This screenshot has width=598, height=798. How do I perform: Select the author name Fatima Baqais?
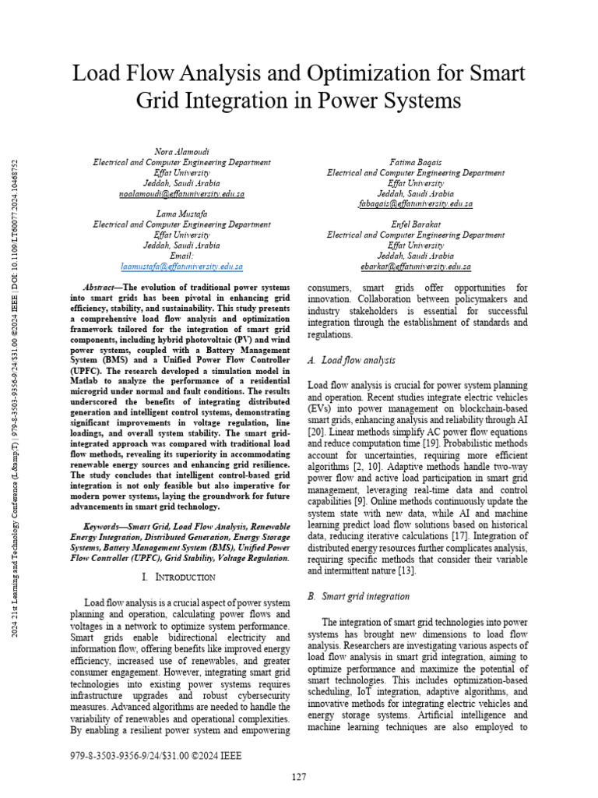415,162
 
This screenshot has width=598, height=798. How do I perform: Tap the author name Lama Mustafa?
181,214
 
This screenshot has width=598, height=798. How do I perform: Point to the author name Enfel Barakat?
415,224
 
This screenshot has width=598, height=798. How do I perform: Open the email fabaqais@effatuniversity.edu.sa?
415,203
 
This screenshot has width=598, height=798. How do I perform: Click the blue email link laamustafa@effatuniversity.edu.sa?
182,266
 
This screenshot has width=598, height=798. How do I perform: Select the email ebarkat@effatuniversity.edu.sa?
415,266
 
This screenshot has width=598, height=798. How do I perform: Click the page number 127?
298,777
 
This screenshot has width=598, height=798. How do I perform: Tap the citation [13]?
406,570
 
